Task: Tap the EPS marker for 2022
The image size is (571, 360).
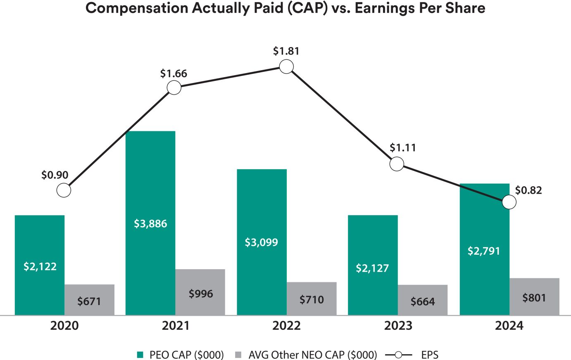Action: pyautogui.click(x=286, y=66)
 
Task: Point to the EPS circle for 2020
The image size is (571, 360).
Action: pyautogui.click(x=64, y=190)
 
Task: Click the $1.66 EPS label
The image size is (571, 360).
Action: pyautogui.click(x=174, y=74)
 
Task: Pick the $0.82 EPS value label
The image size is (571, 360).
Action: pyautogui.click(x=528, y=190)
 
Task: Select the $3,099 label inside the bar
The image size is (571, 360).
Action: pyautogui.click(x=262, y=242)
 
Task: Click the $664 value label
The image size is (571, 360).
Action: pyautogui.click(x=423, y=302)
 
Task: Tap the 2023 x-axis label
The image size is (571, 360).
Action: pyautogui.click(x=398, y=326)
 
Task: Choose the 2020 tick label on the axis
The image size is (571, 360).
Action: pyautogui.click(x=64, y=326)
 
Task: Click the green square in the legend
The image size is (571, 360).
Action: pyautogui.click(x=140, y=355)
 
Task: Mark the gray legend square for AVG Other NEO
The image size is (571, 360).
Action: pyautogui.click(x=238, y=355)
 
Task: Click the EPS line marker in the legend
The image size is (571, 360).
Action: pyautogui.click(x=399, y=355)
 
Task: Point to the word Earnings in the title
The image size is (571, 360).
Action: pyautogui.click(x=391, y=8)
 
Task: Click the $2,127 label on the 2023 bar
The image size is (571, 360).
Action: pyautogui.click(x=372, y=268)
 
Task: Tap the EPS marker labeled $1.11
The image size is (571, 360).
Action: pyautogui.click(x=397, y=164)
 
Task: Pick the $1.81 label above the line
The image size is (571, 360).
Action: pyautogui.click(x=286, y=51)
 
